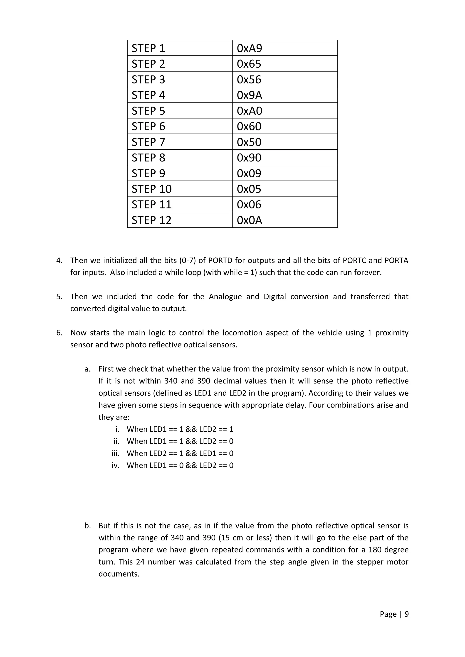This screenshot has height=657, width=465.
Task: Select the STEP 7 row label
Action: [x=148, y=142]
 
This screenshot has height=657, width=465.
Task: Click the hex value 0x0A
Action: [x=249, y=220]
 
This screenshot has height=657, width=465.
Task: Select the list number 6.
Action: [x=59, y=333]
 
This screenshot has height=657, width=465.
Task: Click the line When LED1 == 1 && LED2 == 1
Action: [x=180, y=429]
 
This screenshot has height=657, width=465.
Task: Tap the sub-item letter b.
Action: [x=87, y=526]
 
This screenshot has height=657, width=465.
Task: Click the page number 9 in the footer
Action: [x=407, y=614]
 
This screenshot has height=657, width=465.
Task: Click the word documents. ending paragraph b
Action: [x=119, y=574]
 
